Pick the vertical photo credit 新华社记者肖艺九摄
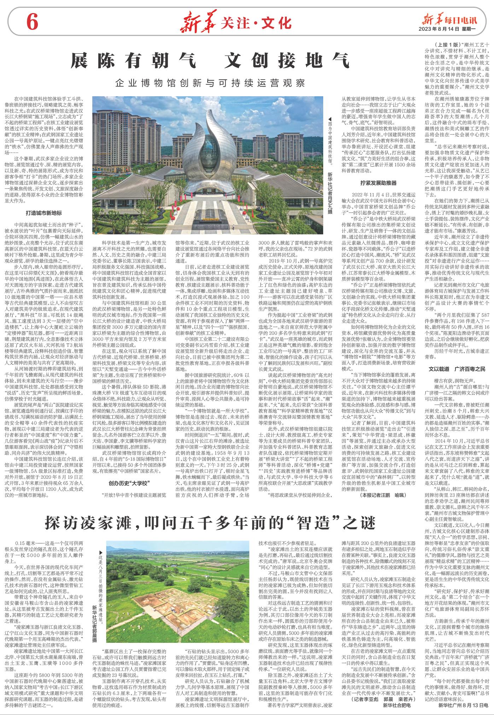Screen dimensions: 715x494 point(330,202)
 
